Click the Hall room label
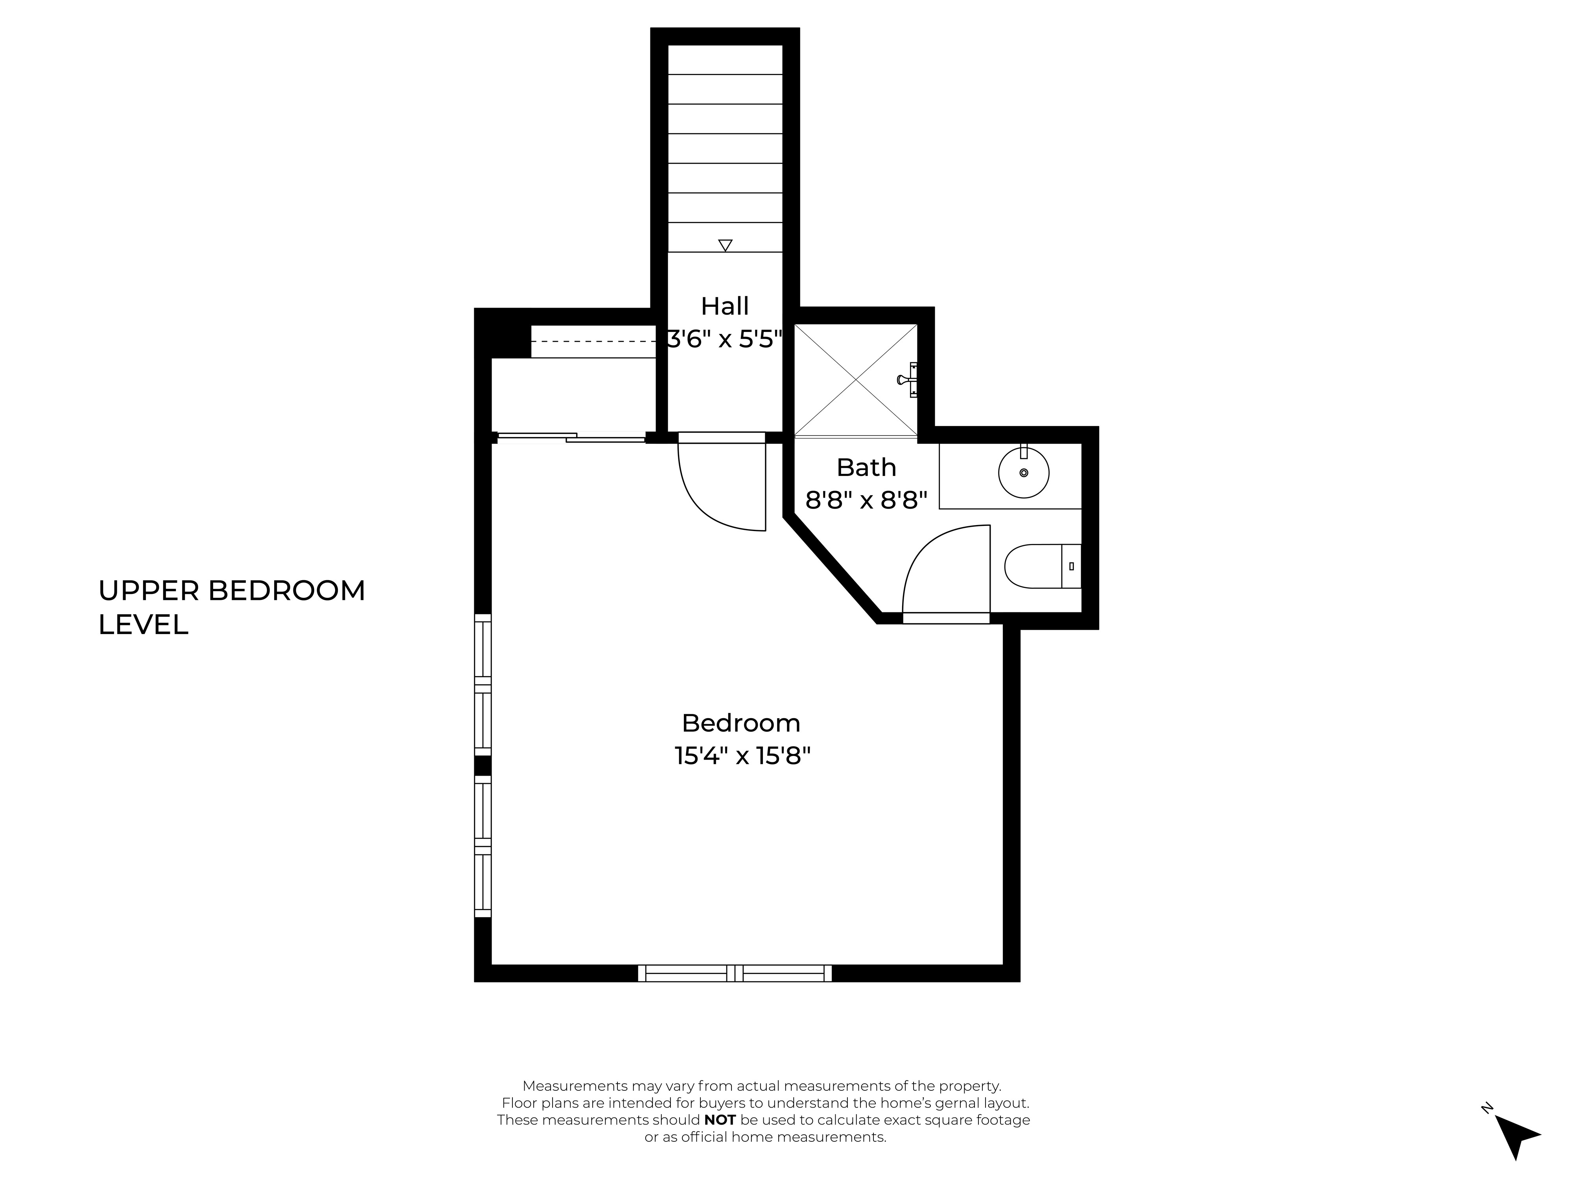point(725,306)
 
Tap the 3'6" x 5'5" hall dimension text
point(725,339)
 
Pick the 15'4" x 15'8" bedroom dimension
point(742,755)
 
